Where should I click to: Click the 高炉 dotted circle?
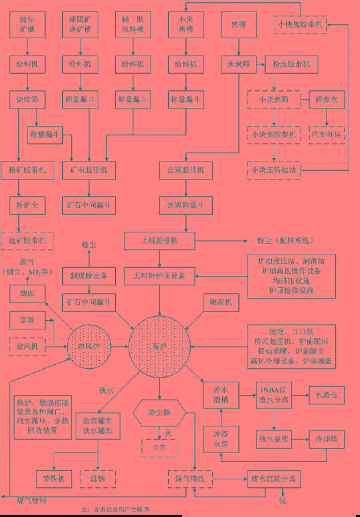pos(159,347)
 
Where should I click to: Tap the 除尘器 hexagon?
pos(159,413)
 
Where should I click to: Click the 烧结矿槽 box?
pos(27,24)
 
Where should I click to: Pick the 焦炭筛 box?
pos(238,64)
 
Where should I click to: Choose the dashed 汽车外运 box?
pos(326,135)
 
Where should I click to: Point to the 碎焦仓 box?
pos(326,99)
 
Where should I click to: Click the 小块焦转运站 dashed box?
pos(274,170)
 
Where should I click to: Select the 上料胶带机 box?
pos(159,240)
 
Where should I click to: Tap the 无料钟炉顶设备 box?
pos(159,276)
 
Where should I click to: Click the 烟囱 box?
pos(27,294)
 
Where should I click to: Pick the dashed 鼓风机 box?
pos(27,347)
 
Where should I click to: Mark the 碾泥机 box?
pos(221,303)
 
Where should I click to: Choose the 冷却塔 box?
pos(326,439)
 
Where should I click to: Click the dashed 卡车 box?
pos(159,448)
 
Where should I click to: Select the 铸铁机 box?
pos(54,479)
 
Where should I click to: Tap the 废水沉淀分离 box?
pos(274,479)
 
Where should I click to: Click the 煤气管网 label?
pos(31,501)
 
